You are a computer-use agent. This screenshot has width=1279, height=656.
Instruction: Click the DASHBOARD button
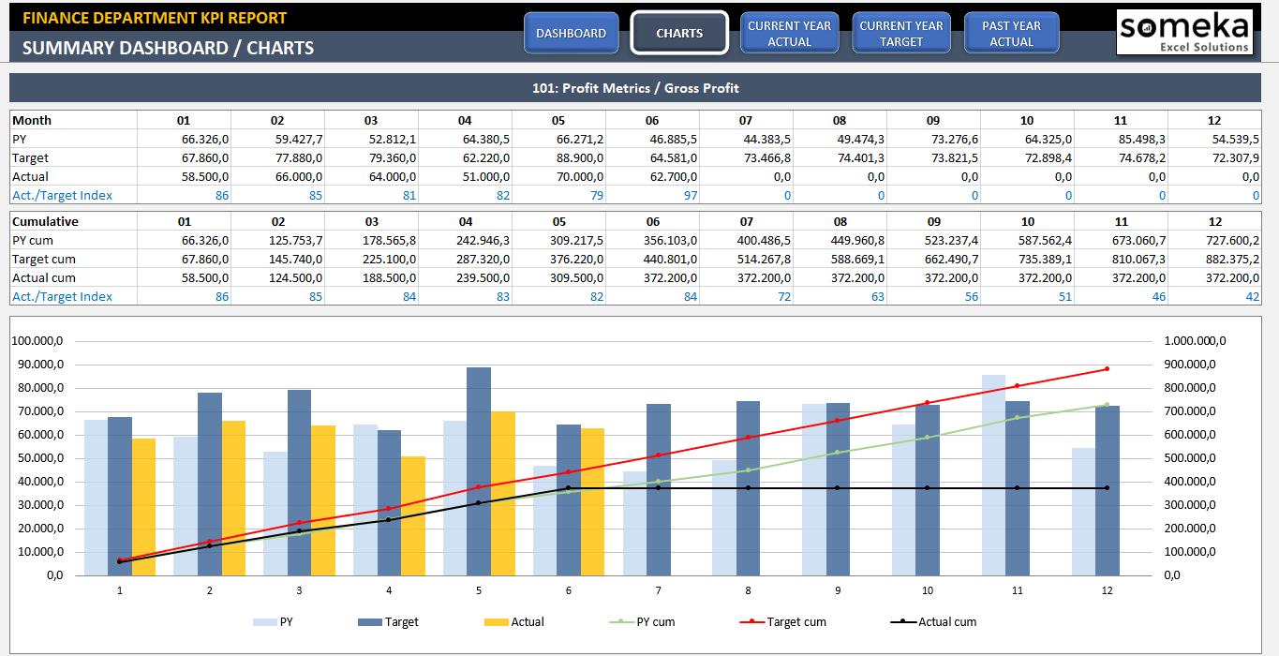(571, 34)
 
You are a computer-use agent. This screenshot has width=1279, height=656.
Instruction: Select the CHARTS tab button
(679, 34)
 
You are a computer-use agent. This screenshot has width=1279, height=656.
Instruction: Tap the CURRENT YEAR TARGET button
(901, 34)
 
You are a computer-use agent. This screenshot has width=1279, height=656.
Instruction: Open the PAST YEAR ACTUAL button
(1011, 34)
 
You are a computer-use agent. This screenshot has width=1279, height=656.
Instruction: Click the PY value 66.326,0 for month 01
(205, 139)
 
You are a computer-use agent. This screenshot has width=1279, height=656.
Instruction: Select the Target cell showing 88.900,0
(579, 157)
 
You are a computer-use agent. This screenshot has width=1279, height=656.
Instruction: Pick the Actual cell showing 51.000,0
(485, 176)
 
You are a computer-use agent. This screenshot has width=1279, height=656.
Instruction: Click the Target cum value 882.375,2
(1231, 259)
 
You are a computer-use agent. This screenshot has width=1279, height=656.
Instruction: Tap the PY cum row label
(33, 240)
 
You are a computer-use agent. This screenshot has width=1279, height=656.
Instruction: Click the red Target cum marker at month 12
(1107, 368)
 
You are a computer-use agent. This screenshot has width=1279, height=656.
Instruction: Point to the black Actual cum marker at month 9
(838, 488)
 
